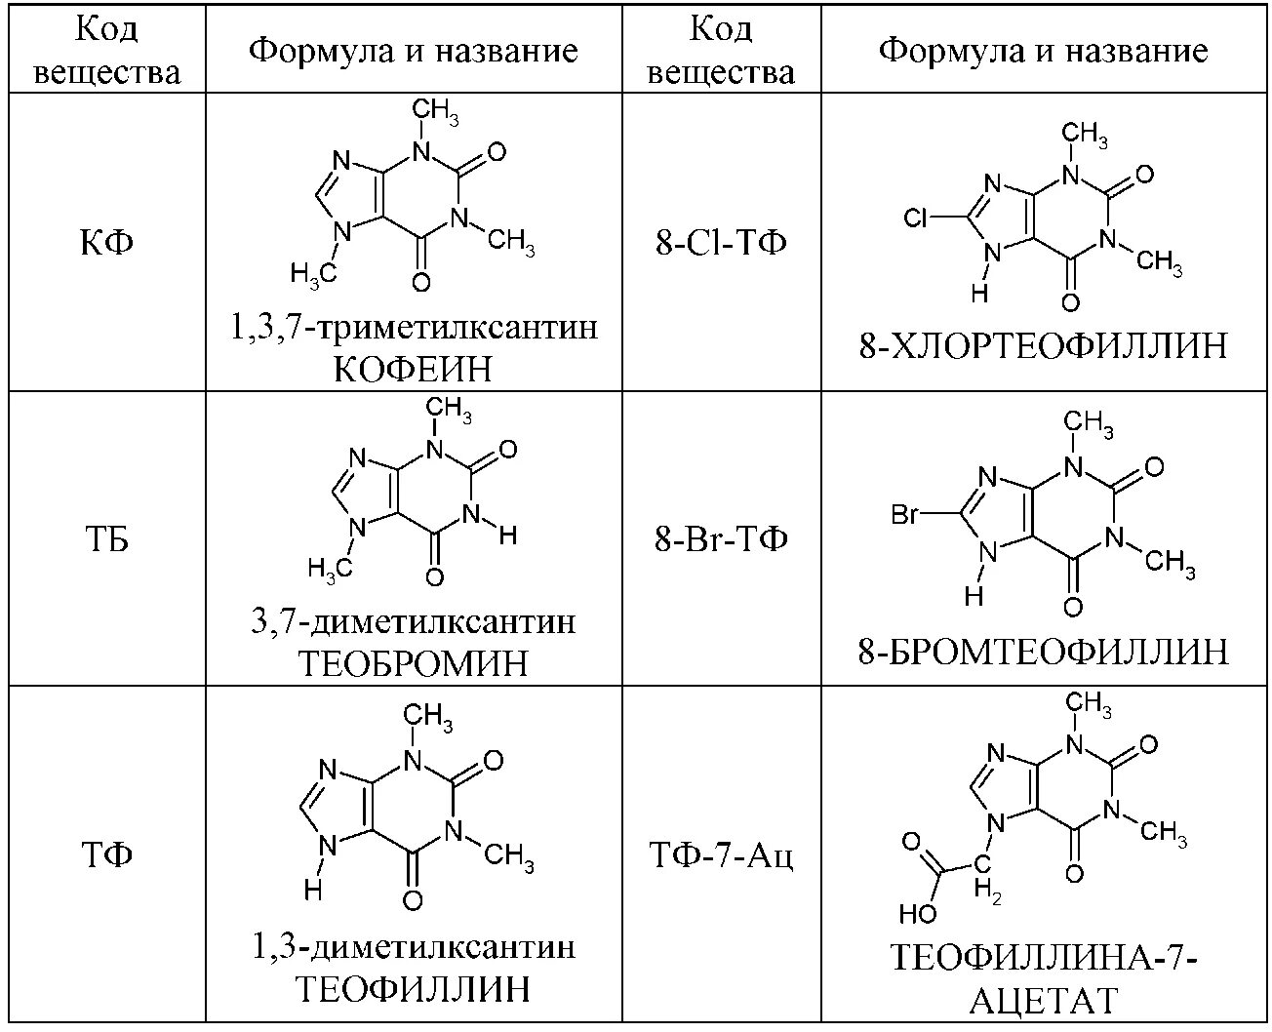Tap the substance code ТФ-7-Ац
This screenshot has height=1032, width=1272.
pyautogui.click(x=722, y=855)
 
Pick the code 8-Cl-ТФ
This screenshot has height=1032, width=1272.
pyautogui.click(x=721, y=241)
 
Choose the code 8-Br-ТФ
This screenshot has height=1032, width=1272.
pyautogui.click(x=721, y=539)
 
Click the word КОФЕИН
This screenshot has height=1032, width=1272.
pyautogui.click(x=413, y=370)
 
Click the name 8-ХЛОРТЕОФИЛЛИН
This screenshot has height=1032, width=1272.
pyautogui.click(x=1043, y=346)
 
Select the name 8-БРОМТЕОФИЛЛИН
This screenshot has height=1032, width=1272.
pyautogui.click(x=1043, y=651)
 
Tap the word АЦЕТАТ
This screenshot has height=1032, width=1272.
pyautogui.click(x=1043, y=1001)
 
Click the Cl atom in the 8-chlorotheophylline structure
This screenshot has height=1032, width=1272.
pyautogui.click(x=916, y=218)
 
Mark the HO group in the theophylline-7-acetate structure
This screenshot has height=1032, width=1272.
pyautogui.click(x=917, y=914)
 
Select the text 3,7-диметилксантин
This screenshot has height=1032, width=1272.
pyautogui.click(x=413, y=621)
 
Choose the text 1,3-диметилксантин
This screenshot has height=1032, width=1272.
pyautogui.click(x=413, y=946)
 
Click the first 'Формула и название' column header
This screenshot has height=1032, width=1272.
pyautogui.click(x=413, y=50)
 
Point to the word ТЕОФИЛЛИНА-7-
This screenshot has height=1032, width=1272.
pyautogui.click(x=1043, y=959)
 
